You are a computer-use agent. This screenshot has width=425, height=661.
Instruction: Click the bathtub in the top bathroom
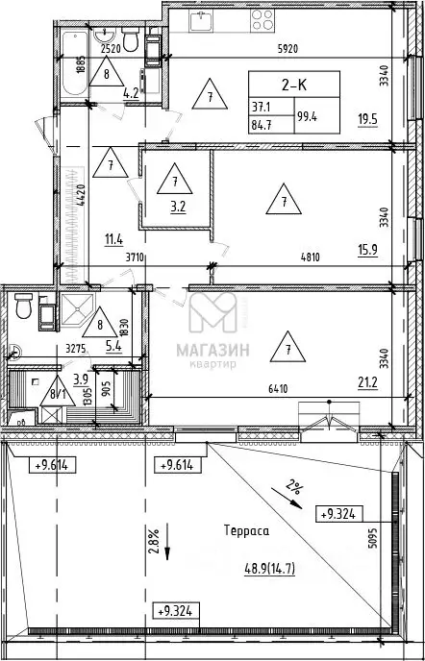pos(75,63)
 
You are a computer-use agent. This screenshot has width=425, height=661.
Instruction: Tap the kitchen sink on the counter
pos(201,21)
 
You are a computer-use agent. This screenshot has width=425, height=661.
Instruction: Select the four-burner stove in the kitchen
pos(262,20)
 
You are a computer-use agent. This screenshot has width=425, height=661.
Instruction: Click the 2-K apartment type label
pos(293,85)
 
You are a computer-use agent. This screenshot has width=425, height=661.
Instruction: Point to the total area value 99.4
pos(307,116)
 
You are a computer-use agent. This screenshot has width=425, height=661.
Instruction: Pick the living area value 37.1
pos(261,108)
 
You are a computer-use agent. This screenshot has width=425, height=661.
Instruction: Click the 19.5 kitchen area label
pos(367,120)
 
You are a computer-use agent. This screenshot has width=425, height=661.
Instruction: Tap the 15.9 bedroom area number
pos(367,250)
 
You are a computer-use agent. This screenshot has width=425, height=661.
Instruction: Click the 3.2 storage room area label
pos(176,207)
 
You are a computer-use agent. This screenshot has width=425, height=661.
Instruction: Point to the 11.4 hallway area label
pos(113,241)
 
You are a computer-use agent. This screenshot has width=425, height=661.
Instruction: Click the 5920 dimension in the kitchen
pos(287,49)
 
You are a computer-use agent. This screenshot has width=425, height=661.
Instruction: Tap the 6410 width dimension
pos(277,389)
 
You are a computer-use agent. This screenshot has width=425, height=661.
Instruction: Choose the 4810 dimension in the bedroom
pos(311,257)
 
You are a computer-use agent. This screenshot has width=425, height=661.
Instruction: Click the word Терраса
pos(246,530)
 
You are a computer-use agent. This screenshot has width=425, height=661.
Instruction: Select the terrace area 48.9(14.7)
pos(269,570)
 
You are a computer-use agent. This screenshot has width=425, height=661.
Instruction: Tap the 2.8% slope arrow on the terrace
pos(167,542)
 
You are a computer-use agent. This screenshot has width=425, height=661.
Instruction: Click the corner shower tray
pos(77,309)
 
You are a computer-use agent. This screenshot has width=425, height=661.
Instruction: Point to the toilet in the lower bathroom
pos(23,306)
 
